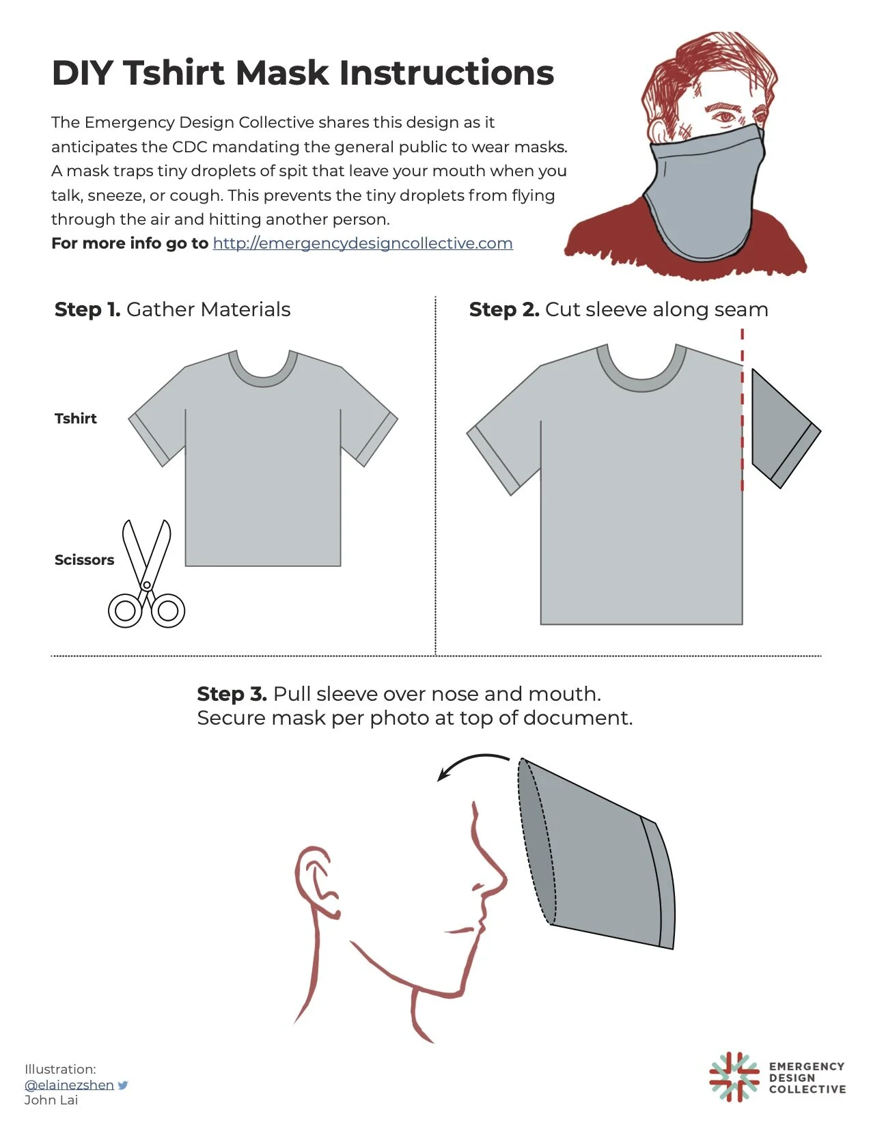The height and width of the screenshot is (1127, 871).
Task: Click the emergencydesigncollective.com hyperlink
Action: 362,244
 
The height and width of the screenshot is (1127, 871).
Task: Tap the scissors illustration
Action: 146,581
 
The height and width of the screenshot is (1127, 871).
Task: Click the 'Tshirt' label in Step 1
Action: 75,419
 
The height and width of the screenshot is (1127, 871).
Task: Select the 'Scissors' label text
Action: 84,560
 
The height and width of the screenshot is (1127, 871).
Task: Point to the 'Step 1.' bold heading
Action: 87,309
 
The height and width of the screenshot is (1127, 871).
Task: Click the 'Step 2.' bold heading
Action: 503,309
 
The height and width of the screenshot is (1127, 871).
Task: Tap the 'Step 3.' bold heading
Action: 232,694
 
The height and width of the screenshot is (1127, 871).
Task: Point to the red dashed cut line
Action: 743,410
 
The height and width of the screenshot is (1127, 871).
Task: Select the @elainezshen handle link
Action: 69,1085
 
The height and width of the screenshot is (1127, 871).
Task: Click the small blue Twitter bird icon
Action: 123,1085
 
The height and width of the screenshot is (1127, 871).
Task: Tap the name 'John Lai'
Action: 51,1100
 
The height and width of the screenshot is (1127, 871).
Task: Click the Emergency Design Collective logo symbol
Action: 734,1077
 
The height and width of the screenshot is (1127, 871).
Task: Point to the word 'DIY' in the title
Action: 82,73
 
